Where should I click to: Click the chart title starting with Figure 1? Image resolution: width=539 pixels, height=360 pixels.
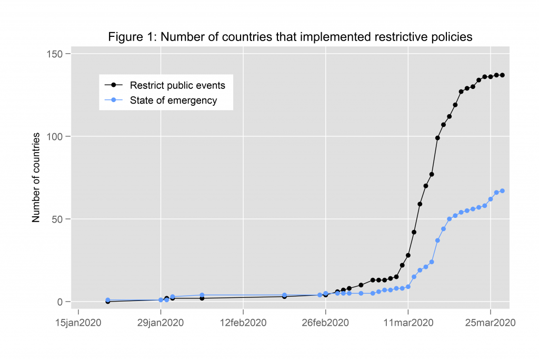[x=290, y=37]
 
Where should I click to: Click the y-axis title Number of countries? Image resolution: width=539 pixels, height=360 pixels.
[x=36, y=177]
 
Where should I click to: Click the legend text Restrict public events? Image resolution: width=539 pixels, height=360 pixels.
[x=177, y=85]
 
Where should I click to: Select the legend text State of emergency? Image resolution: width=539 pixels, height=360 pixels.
[x=173, y=101]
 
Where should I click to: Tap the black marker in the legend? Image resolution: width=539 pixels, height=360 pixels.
[x=113, y=85]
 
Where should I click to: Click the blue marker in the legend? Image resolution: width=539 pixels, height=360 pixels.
[x=113, y=101]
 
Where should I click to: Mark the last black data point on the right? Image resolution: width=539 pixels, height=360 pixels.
[x=502, y=75]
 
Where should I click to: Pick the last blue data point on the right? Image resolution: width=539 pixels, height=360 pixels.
[x=502, y=191]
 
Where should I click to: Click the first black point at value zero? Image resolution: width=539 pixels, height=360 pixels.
[x=108, y=302]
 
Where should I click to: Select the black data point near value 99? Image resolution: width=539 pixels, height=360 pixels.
[x=437, y=138]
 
